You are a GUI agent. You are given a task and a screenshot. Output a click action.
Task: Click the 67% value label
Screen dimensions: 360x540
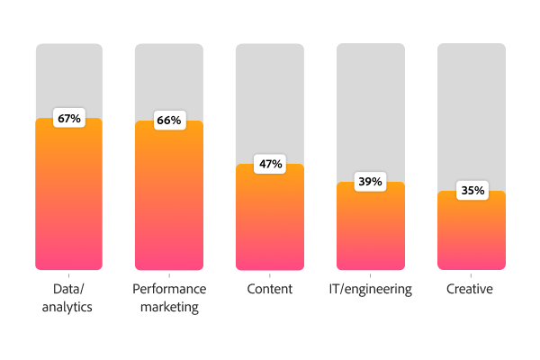(x=68, y=119)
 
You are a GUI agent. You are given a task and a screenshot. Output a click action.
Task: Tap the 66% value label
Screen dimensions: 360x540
(x=168, y=121)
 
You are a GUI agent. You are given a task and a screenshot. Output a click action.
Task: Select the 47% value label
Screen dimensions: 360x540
(x=270, y=164)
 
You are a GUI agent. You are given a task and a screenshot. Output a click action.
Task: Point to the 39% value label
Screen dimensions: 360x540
(x=370, y=182)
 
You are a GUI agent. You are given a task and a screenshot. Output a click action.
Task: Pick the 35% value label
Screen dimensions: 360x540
(x=472, y=191)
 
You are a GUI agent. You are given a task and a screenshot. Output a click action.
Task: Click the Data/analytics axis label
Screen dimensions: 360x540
(x=68, y=298)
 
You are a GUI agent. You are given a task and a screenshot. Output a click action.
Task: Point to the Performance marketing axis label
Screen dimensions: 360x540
(x=168, y=298)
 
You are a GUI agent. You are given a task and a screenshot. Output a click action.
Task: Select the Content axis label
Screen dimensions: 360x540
(x=270, y=290)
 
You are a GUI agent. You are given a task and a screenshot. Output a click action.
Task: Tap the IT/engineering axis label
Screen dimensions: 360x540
(x=370, y=290)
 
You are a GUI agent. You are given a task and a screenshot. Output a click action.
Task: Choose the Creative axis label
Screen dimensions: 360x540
(x=472, y=290)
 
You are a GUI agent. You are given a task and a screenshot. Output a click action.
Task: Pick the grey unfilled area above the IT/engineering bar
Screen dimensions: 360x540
(x=370, y=108)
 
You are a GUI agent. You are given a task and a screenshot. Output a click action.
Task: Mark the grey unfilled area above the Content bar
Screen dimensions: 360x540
(x=270, y=99)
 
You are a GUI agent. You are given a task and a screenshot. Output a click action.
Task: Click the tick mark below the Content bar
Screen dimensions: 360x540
(x=270, y=274)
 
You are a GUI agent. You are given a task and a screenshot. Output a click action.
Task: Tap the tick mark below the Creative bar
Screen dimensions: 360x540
(x=472, y=274)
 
